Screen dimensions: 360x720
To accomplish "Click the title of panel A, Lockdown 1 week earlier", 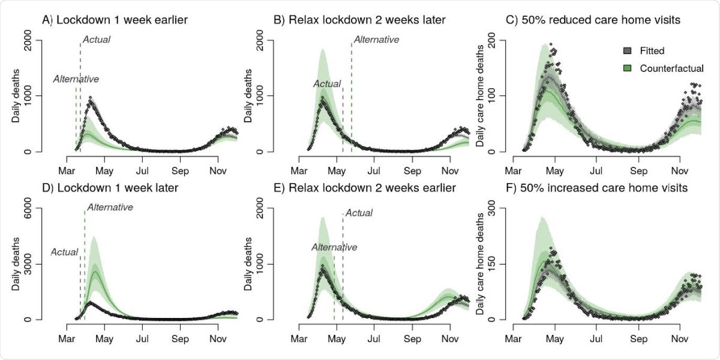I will coord(115,20).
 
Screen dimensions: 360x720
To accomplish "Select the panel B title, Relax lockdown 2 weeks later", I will coord(359,20).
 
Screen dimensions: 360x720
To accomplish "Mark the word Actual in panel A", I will coord(97,40).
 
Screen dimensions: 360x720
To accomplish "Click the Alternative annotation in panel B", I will coord(376,40).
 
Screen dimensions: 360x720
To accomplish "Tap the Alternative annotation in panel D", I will coord(110,208).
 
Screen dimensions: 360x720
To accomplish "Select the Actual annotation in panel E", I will coord(359,213).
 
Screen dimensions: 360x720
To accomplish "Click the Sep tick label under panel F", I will coord(638,338).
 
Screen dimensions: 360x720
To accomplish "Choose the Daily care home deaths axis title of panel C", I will coord(479,96).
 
